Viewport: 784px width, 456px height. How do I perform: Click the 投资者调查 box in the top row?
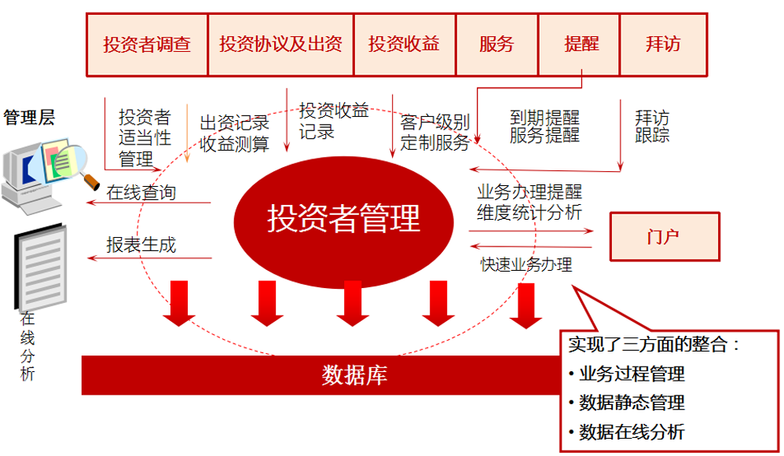click(146, 44)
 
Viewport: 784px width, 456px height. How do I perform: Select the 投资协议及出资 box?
click(280, 44)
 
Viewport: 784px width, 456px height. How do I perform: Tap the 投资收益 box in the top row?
click(404, 44)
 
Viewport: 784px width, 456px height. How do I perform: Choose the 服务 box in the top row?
click(496, 44)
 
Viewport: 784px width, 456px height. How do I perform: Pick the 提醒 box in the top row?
click(581, 44)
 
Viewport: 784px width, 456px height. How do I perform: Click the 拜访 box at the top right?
click(663, 44)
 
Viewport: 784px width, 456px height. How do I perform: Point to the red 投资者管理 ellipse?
click(344, 218)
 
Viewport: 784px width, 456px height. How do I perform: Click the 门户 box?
click(664, 236)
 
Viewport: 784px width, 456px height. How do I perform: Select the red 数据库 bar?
click(354, 374)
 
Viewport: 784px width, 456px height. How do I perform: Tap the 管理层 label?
click(29, 118)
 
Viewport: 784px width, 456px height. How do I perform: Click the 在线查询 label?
click(141, 192)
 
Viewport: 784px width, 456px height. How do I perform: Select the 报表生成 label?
click(141, 244)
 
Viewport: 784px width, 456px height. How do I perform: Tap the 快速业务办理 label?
click(526, 264)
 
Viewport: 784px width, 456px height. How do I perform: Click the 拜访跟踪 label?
click(652, 126)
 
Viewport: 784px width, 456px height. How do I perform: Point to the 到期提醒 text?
click(544, 118)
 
